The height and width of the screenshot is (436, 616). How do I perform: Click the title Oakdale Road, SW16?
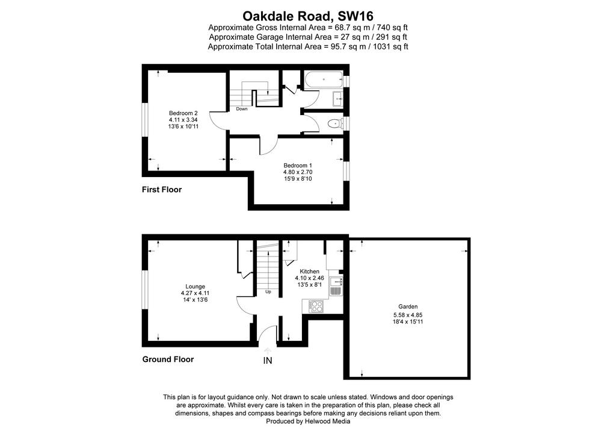click(x=307, y=16)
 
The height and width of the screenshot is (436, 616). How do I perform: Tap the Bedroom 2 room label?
click(x=183, y=113)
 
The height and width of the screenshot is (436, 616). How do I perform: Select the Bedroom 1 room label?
click(x=298, y=166)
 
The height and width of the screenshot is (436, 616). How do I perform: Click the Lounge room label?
click(x=196, y=287)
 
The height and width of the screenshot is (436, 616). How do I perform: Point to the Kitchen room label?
click(x=310, y=271)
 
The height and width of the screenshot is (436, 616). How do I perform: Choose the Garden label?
click(x=408, y=307)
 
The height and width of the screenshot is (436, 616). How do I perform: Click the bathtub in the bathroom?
click(x=323, y=80)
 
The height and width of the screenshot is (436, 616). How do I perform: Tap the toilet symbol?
click(x=334, y=124)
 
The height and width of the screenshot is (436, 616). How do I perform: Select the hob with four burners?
click(x=315, y=306)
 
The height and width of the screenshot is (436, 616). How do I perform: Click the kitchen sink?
click(x=336, y=286)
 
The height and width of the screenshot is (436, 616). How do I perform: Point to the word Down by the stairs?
click(x=242, y=109)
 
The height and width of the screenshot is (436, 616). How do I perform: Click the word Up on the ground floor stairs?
click(x=268, y=291)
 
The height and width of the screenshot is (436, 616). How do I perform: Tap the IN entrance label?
click(x=268, y=361)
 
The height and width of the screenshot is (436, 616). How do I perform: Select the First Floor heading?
click(x=162, y=190)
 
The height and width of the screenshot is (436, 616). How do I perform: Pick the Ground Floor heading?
click(x=168, y=359)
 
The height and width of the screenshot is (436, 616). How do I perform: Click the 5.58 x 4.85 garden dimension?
click(x=408, y=315)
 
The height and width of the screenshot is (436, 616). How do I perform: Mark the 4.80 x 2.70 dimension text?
click(x=298, y=172)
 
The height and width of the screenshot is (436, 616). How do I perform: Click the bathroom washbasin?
click(x=337, y=99)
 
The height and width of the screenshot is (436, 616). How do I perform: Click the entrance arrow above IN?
click(x=268, y=351)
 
